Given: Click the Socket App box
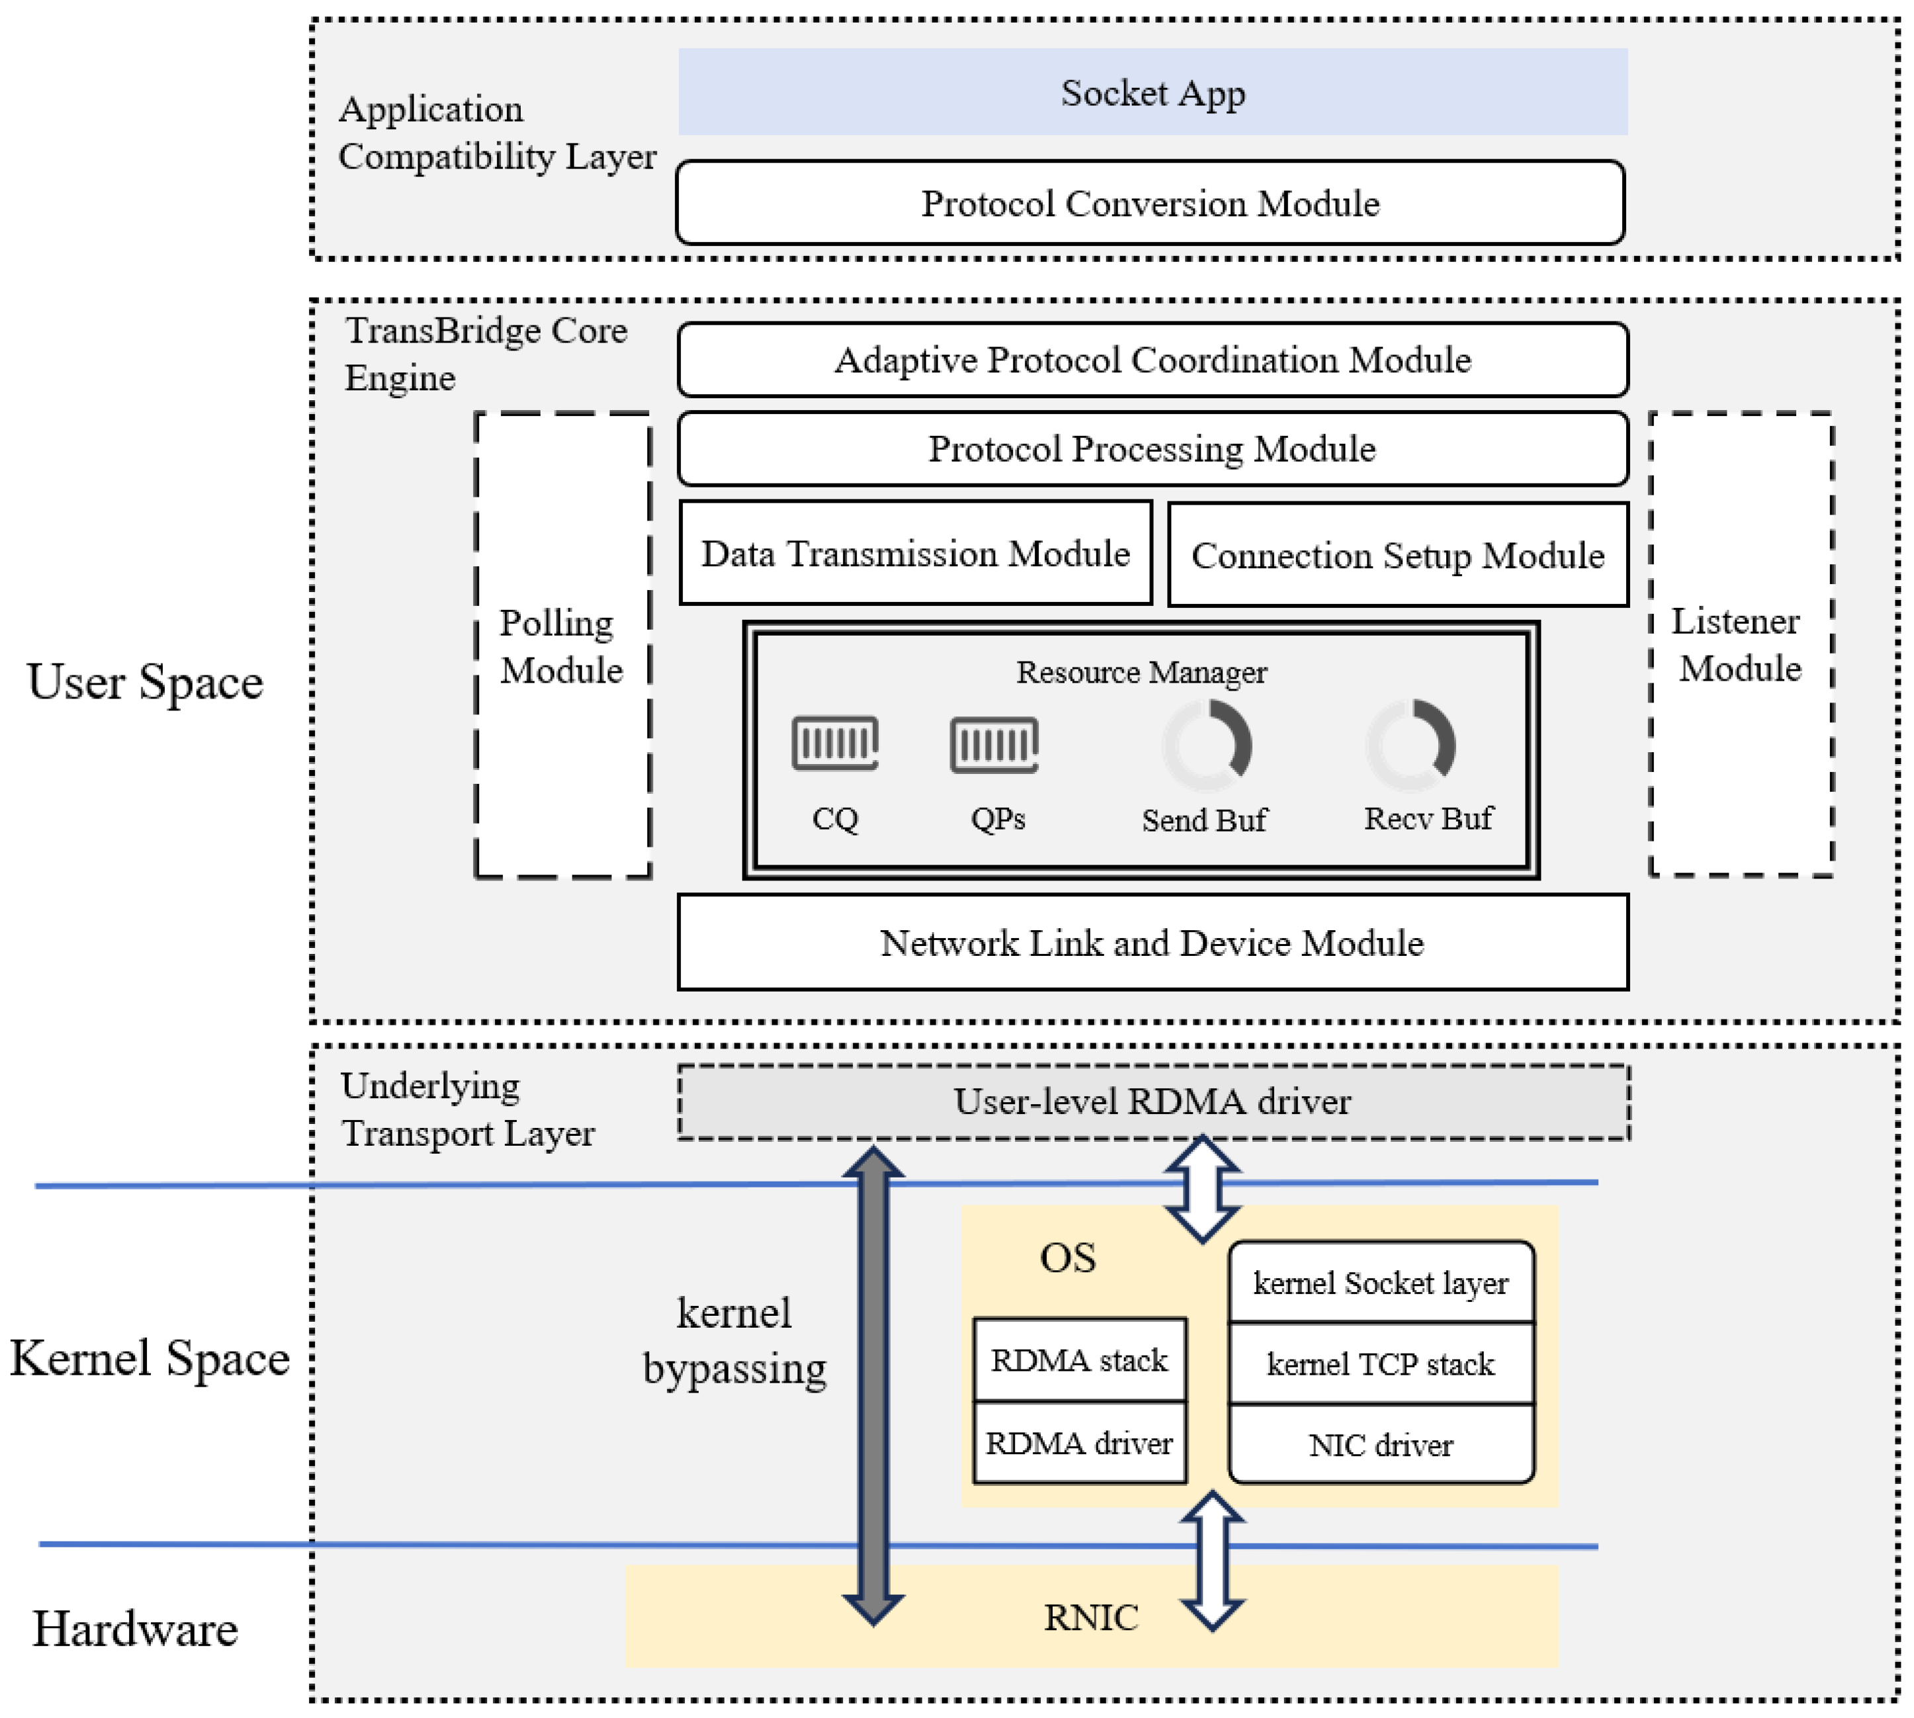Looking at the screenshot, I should (1152, 91).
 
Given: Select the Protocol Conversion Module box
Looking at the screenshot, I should (1150, 203).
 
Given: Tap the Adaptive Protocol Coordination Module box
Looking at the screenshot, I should (1152, 360).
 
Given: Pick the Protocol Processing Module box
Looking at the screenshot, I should (1152, 449).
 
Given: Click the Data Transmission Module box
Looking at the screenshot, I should (915, 553).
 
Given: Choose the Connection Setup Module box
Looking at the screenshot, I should (1397, 555).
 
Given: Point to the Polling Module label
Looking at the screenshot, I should (561, 646).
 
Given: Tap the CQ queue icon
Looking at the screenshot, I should (835, 743).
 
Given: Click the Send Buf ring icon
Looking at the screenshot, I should (1207, 746).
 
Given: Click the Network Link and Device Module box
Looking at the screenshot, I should (1152, 942).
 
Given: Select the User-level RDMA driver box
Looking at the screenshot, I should (1152, 1101).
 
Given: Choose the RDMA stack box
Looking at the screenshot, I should (1079, 1360).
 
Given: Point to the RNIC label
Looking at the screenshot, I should (1090, 1617).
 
